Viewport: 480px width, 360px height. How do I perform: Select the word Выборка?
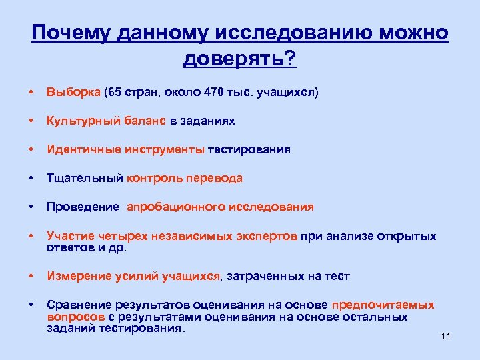coord(73,93)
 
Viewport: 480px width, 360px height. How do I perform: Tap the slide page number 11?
coord(446,336)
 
